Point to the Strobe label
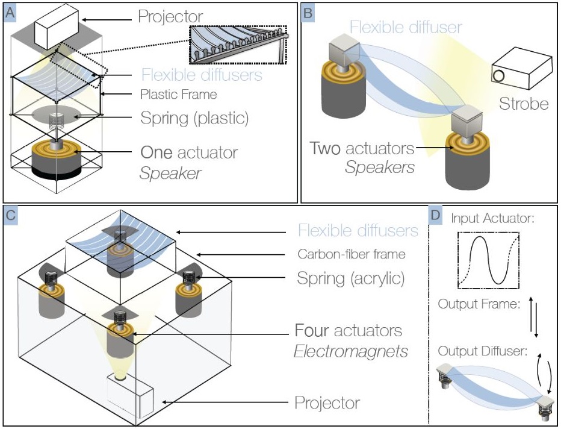click(x=523, y=104)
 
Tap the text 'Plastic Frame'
click(x=178, y=95)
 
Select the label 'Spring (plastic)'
click(x=194, y=117)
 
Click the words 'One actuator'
click(x=189, y=152)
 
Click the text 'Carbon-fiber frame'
click(x=352, y=254)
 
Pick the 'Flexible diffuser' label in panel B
click(x=406, y=27)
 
